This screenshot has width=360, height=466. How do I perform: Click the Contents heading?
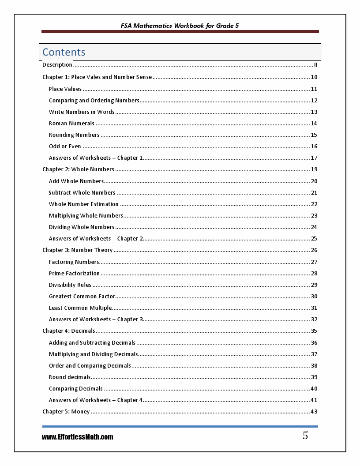pyautogui.click(x=64, y=52)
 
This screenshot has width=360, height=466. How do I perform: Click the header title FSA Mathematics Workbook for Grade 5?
pyautogui.click(x=180, y=26)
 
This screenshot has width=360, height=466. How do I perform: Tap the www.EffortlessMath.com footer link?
pyautogui.click(x=78, y=437)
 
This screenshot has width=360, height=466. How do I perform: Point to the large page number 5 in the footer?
pyautogui.click(x=305, y=436)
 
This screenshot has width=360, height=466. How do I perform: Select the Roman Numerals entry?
pyautogui.click(x=71, y=124)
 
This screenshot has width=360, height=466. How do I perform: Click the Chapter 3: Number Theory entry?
pyautogui.click(x=78, y=250)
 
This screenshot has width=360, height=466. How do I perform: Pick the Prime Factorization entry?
pyautogui.click(x=74, y=274)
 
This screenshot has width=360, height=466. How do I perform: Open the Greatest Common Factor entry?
pyautogui.click(x=82, y=297)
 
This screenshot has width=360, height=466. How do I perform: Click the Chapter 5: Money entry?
pyautogui.click(x=66, y=412)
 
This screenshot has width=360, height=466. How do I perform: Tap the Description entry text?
pyautogui.click(x=57, y=65)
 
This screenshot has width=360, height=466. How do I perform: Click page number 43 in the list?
pyautogui.click(x=314, y=412)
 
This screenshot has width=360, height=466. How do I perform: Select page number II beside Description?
pyautogui.click(x=315, y=65)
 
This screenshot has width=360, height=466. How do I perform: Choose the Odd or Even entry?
pyautogui.click(x=65, y=147)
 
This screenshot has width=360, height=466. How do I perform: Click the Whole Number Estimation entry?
pyautogui.click(x=84, y=204)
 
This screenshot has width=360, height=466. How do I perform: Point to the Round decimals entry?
pyautogui.click(x=70, y=377)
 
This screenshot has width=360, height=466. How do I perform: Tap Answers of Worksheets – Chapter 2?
pyautogui.click(x=96, y=239)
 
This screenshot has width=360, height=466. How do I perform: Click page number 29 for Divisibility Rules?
pyautogui.click(x=314, y=285)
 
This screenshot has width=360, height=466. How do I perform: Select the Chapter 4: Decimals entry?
pyautogui.click(x=69, y=331)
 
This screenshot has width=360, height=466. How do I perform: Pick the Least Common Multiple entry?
pyautogui.click(x=80, y=308)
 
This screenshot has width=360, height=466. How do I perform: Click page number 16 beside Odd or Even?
pyautogui.click(x=314, y=147)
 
